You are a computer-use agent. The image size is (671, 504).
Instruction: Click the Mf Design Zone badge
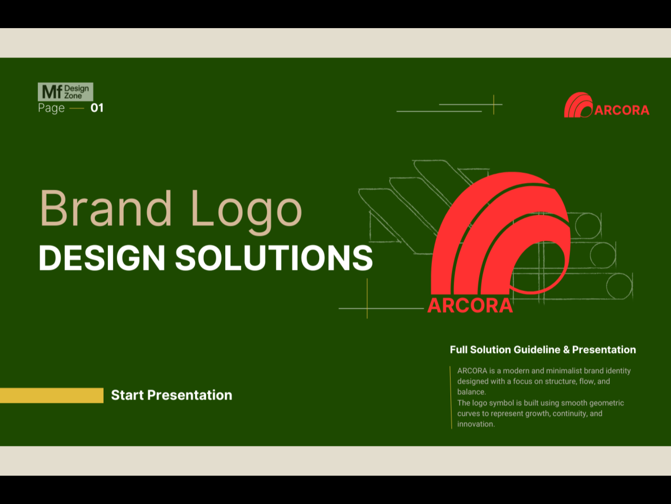(x=65, y=92)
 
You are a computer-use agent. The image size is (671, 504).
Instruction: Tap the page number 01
(x=97, y=108)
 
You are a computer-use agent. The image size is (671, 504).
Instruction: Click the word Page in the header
(x=51, y=108)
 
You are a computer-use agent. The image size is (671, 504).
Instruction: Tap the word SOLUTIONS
(x=274, y=258)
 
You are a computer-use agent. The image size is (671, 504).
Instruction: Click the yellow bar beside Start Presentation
(x=52, y=395)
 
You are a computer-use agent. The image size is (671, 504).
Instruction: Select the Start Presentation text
(x=172, y=395)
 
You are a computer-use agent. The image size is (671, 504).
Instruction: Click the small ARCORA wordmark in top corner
(x=622, y=110)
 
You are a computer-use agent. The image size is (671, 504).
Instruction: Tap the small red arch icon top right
(x=577, y=105)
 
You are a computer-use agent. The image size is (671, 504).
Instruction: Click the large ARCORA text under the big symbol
(x=470, y=306)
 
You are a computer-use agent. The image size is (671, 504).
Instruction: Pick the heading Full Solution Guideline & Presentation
(x=543, y=350)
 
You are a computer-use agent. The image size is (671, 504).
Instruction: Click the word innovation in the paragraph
(x=476, y=424)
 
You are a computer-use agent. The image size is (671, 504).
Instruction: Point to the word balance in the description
(x=471, y=392)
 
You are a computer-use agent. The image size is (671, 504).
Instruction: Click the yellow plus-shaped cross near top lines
(x=494, y=105)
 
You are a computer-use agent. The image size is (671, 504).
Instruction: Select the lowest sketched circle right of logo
(x=619, y=286)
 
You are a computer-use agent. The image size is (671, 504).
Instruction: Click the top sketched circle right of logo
(x=588, y=225)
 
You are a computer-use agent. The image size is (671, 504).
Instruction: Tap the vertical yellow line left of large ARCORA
(x=367, y=298)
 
